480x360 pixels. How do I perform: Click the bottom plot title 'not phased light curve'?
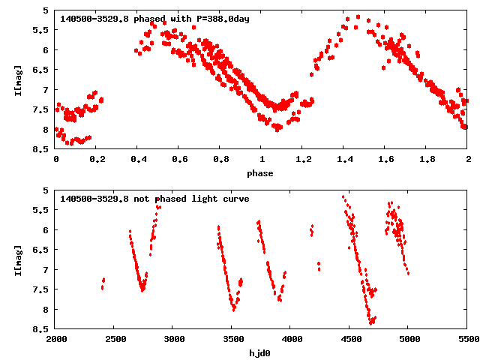tap(191, 199)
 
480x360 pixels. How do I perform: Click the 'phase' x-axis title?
tap(262, 173)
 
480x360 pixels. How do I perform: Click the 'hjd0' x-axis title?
tap(262, 353)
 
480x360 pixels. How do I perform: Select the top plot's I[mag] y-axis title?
tap(17, 79)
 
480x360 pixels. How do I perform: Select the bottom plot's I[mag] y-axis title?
tap(17, 259)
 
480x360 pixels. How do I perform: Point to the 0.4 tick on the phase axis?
tap(138, 160)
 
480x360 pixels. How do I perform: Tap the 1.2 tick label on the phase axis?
tap(303, 160)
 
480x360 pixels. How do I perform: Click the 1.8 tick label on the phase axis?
tap(427, 160)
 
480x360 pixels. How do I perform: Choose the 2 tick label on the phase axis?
tap(468, 160)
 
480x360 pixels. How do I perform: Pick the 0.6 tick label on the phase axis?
tap(179, 160)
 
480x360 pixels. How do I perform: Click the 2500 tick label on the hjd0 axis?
tap(115, 340)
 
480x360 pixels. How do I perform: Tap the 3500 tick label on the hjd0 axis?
tap(232, 340)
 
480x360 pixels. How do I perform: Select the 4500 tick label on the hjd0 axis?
tap(350, 340)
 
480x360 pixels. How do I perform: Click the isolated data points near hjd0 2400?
tap(103, 283)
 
